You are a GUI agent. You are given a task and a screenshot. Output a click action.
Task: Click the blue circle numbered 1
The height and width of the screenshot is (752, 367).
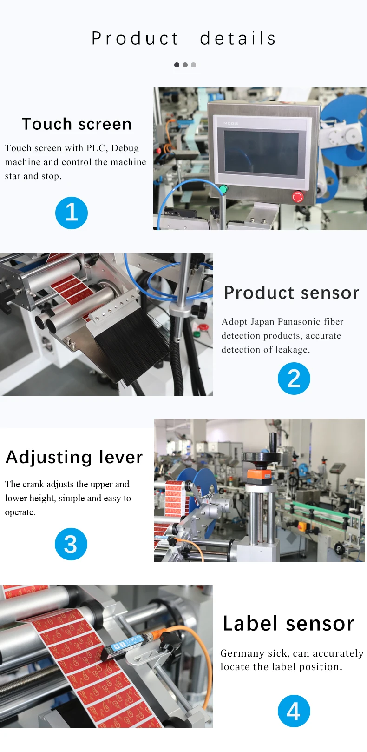coord(72,213)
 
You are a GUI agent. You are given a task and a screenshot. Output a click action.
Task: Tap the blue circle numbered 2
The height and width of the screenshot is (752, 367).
coord(294,379)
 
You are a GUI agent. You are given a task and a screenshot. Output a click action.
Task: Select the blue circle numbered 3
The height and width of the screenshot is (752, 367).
coord(71,544)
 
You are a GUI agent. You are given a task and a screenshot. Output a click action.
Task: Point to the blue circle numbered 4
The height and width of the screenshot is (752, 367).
coord(294,711)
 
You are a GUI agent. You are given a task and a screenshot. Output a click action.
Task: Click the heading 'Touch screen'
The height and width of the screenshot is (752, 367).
coord(77,124)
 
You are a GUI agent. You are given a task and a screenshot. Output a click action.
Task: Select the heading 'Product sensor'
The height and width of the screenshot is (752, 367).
coord(291,293)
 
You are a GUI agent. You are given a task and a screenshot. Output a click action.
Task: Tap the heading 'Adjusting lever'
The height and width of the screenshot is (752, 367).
coord(74,457)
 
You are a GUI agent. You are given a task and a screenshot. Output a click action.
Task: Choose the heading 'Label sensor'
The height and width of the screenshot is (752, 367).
coord(288,624)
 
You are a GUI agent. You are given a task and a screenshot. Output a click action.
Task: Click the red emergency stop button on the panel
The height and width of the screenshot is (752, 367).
coord(298,197)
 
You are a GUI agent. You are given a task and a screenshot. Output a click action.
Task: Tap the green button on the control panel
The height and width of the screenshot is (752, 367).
coord(223,189)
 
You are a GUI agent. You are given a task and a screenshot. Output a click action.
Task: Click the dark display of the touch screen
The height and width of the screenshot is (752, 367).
coord(261,153)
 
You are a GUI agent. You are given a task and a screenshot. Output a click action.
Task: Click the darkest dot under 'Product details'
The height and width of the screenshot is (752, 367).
coord(177,65)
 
